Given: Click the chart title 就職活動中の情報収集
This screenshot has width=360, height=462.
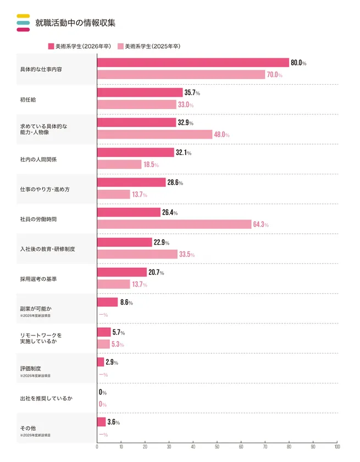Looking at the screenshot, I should coord(75,23).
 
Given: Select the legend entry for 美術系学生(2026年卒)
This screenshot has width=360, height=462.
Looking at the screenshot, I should coord(82,46).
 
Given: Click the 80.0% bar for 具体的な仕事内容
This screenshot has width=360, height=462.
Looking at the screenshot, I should coord(193,63).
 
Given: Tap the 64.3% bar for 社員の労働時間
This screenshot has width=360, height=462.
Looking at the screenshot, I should coord(174,224).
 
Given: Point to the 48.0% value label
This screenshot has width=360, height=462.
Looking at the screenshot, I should coord(221,134).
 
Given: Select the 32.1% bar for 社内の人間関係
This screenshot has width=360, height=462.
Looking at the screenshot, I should coord(135,152).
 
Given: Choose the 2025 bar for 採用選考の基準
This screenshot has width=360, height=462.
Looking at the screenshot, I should coord(114,284).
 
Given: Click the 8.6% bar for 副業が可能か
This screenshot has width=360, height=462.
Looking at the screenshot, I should coord(107,302).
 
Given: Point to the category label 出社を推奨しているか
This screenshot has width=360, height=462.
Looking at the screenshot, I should coord(47,398).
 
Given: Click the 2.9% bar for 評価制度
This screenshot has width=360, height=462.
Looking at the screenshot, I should coord(101,362).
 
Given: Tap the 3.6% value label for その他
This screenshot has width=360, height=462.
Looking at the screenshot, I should coord(113,422).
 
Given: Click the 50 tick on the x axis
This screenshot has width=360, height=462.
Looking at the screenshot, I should coord(217,447).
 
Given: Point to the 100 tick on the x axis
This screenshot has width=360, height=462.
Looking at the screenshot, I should coord(337,447).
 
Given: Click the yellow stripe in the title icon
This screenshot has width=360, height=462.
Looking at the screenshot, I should coord(23,16).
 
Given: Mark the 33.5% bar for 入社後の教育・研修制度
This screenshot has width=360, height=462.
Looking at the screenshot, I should coord(137,254).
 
